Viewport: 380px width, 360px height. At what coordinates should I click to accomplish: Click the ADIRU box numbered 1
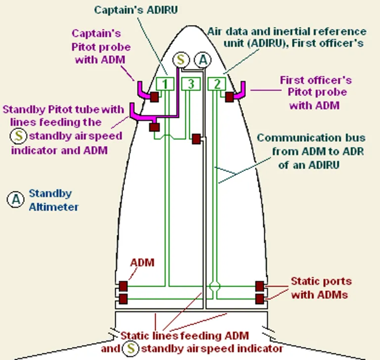coord(165,84)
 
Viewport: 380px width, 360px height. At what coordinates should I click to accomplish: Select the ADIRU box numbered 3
coord(191,84)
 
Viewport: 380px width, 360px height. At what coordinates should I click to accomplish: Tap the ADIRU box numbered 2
coord(217,84)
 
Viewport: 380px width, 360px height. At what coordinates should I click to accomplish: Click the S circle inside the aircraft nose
coord(181,60)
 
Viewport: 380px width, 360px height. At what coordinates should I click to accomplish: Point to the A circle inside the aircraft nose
coord(203,60)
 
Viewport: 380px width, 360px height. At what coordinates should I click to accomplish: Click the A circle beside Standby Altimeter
coord(15,199)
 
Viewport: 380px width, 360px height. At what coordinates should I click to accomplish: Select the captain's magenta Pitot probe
coord(143,91)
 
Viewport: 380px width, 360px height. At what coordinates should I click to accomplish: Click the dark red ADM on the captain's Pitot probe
coord(154,97)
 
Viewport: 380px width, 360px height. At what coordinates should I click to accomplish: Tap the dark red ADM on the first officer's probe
coord(230,97)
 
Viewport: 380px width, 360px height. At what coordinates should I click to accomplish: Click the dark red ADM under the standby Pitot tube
coord(154,127)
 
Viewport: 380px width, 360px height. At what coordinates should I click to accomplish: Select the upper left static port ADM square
coord(123,286)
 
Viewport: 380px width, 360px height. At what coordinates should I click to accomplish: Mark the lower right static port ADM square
coord(260,299)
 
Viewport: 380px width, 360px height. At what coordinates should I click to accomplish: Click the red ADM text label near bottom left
coord(142,263)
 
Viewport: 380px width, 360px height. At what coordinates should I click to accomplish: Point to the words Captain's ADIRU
coord(136,10)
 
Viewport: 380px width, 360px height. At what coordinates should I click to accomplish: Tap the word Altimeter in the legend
coord(54,207)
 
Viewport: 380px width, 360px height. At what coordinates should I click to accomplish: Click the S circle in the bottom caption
coord(131,348)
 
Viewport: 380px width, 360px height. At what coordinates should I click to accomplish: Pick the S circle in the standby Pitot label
coord(18,136)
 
